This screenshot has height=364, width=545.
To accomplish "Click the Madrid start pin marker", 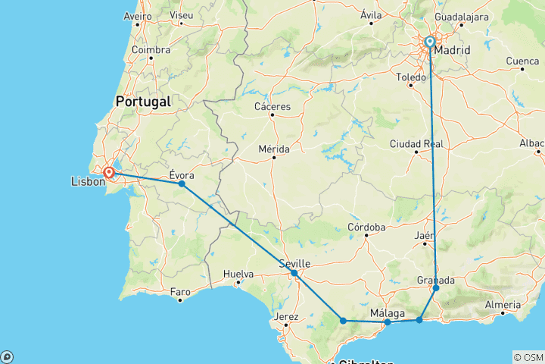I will tap(430, 42).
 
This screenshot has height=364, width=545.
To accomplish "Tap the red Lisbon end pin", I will tap(110, 173).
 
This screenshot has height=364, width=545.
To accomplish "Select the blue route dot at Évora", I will tap(182, 184).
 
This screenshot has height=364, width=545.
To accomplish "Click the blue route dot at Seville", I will tap(294, 273).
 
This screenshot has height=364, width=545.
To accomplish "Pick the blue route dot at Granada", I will tap(436, 288).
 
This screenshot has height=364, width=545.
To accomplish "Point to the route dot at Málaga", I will tap(388, 322).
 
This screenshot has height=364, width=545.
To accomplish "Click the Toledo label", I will tap(412, 77).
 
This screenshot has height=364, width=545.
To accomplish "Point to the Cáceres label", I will tap(273, 107).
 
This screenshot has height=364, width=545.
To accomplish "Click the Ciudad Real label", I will tap(416, 143).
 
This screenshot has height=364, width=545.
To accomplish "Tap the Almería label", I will tap(503, 304).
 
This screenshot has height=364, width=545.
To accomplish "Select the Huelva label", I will tap(238, 275).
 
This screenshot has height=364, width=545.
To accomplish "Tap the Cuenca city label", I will tap(522, 61).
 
